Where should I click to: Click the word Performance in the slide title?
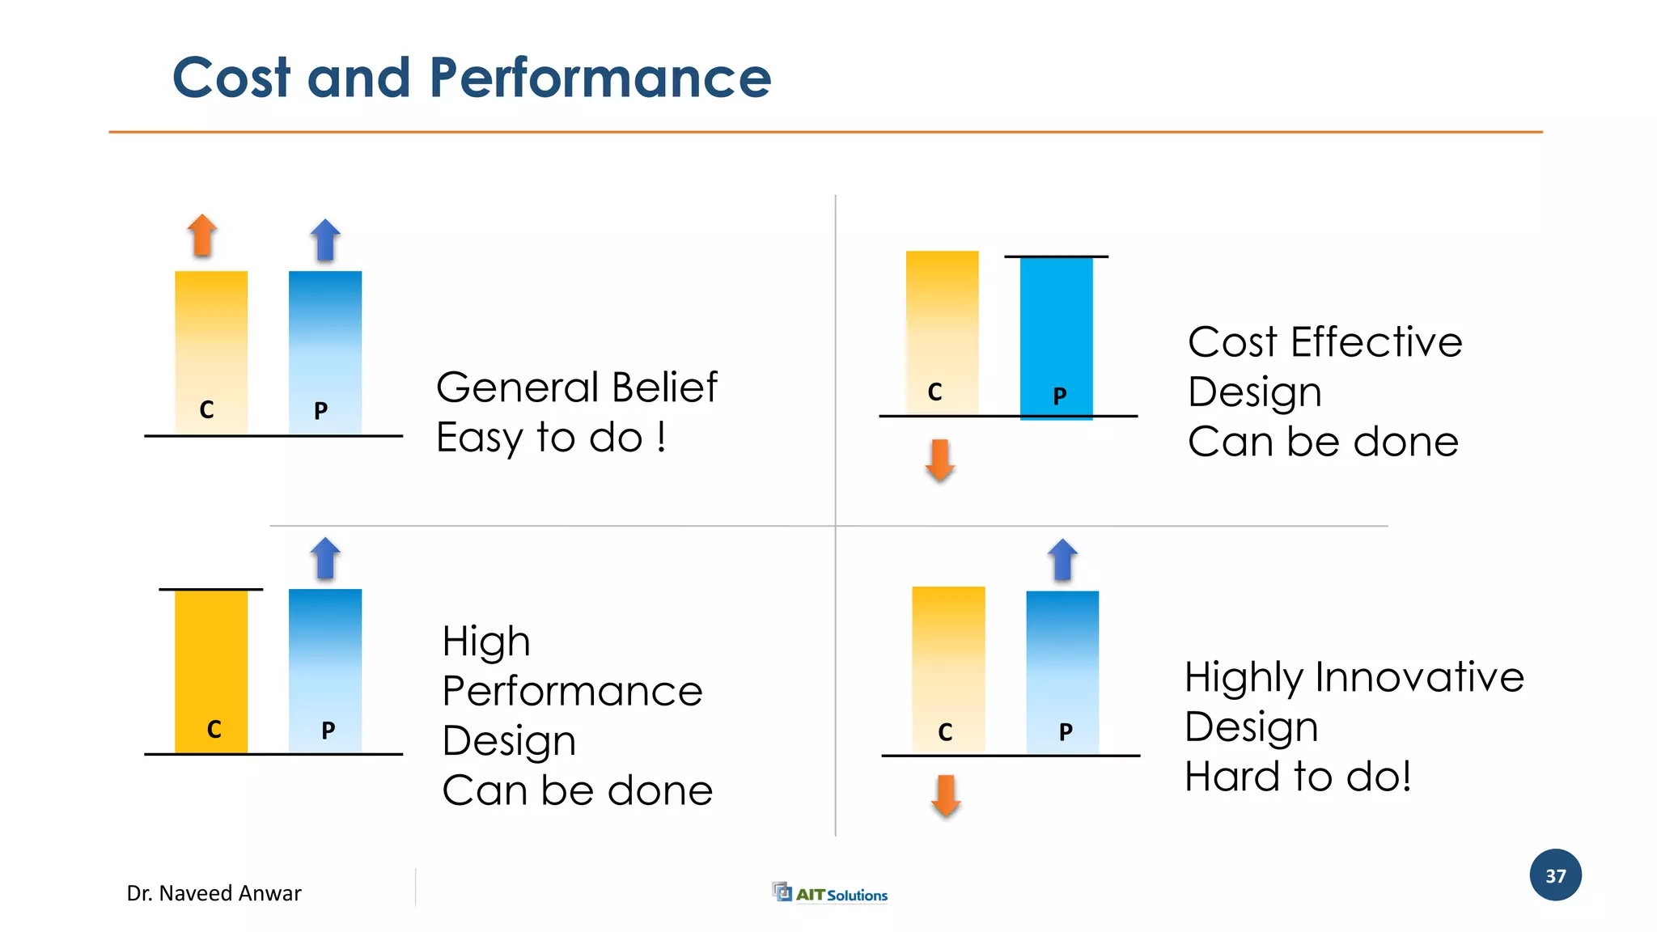(600, 78)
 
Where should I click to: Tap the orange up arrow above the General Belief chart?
(202, 235)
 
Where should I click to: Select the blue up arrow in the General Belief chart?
(325, 240)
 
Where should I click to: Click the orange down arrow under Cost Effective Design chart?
(939, 460)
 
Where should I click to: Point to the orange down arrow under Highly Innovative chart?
(945, 795)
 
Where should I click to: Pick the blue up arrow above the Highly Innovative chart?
(1062, 560)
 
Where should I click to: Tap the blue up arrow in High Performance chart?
(325, 558)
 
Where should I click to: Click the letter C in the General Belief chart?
(206, 410)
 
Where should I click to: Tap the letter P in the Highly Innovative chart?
(1066, 732)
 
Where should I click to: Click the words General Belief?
(576, 388)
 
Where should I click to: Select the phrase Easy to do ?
(551, 438)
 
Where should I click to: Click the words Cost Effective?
(1324, 342)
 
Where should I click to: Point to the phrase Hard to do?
(1298, 777)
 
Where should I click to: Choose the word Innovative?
(1419, 677)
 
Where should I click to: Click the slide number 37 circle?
(1555, 875)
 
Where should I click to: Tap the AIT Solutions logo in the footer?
(830, 893)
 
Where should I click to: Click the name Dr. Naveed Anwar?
(214, 893)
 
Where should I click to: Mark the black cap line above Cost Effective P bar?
(1056, 256)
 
